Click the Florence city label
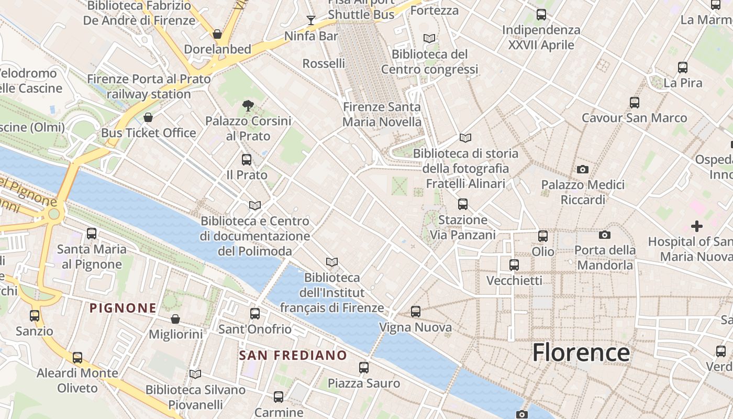(x=581, y=352)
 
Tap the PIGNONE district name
(x=123, y=308)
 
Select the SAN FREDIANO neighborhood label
(x=293, y=355)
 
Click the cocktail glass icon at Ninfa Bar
(x=311, y=20)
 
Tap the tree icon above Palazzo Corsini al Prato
(x=248, y=106)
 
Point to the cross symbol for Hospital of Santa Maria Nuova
(x=696, y=226)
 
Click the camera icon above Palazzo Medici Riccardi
(x=582, y=169)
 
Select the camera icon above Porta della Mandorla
(x=605, y=235)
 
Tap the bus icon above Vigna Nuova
(x=416, y=312)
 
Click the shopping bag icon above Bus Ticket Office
(x=148, y=117)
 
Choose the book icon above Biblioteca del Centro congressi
(x=429, y=38)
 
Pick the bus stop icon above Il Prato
(x=247, y=159)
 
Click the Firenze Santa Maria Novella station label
(x=382, y=114)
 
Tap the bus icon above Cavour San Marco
(x=635, y=102)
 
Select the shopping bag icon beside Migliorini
(x=175, y=319)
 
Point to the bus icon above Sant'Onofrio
(x=255, y=314)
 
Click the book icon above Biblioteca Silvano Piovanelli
(x=195, y=374)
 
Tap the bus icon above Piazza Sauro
(x=364, y=368)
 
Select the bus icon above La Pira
(x=683, y=67)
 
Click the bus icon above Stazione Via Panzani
(x=463, y=204)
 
